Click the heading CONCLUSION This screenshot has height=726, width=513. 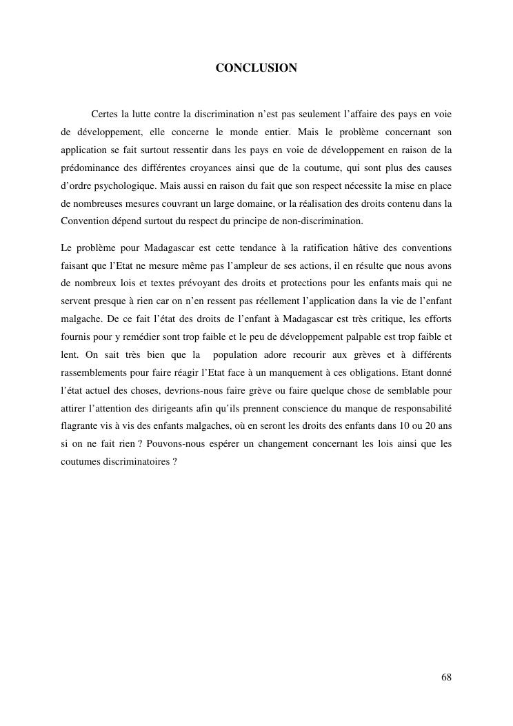tap(256, 68)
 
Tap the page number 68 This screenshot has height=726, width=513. tap(446, 677)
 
